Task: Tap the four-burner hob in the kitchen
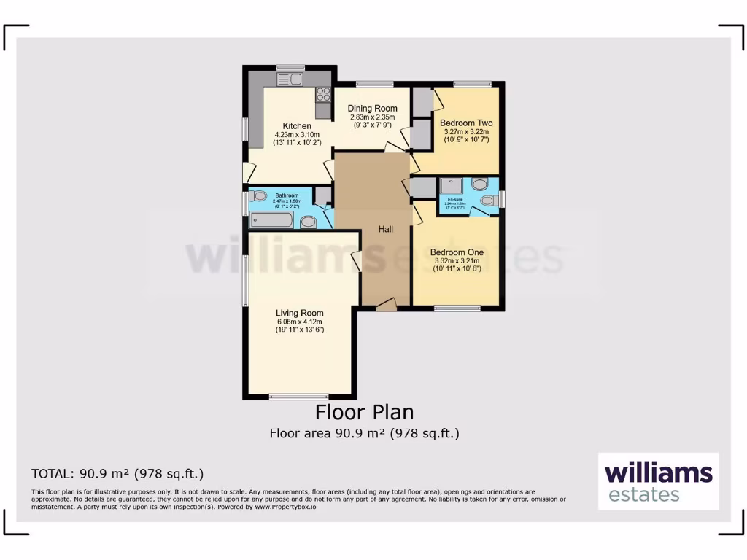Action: coord(322,94)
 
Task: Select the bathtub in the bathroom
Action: coord(271,220)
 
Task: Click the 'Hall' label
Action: coord(385,229)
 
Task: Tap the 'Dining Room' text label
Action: coord(372,109)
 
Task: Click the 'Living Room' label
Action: coord(299,314)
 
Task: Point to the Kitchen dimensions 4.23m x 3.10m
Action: coord(297,135)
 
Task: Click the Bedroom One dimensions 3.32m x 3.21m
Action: coord(456,260)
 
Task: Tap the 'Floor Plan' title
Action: coord(364,412)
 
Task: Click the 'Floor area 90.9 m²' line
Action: coord(364,433)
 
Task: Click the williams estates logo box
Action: coord(658,481)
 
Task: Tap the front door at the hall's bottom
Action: coord(386,305)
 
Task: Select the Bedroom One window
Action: coord(457,308)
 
